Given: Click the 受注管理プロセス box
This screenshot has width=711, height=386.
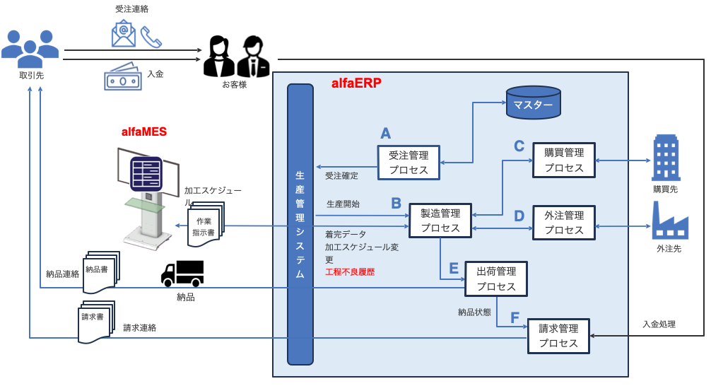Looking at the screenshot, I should (x=409, y=163).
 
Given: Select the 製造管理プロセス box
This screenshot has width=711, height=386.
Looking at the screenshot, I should (x=440, y=220).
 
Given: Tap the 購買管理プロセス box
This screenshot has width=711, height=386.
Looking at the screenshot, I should (x=563, y=160).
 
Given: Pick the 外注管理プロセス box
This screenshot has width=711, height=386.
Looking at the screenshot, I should (x=563, y=223).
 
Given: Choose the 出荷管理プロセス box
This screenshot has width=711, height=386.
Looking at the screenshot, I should (x=495, y=279).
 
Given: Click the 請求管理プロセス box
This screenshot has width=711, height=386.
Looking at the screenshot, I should (x=558, y=336).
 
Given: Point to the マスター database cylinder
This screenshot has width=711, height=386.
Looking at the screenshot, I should (x=533, y=103).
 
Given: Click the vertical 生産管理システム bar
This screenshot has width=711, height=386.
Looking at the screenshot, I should (x=300, y=224).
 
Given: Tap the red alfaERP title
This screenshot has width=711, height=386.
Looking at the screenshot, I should (x=356, y=83).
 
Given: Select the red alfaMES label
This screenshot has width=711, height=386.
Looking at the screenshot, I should (x=144, y=132).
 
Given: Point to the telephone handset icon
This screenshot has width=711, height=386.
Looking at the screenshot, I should (x=151, y=37).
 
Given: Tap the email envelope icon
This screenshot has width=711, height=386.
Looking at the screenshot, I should (x=124, y=34).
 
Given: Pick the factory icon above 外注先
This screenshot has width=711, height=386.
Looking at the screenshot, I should (x=666, y=220).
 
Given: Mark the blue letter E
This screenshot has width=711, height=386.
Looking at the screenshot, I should (x=454, y=268).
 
